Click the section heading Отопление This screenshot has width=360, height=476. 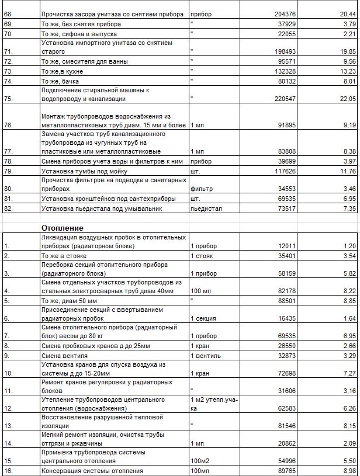pyautogui.click(x=62, y=227)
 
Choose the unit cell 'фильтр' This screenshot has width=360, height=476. pyautogui.click(x=202, y=189)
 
